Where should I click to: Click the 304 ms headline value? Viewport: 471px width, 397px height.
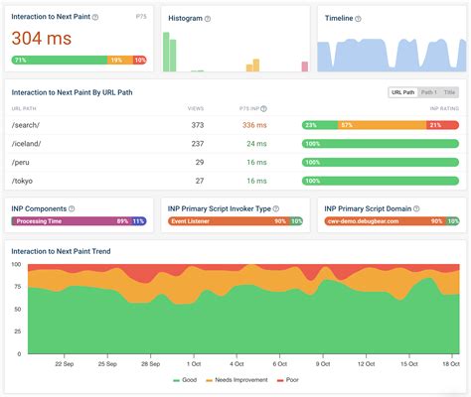point(43,38)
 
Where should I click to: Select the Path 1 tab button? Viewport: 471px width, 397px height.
point(429,91)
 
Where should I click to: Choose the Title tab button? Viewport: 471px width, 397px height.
point(450,91)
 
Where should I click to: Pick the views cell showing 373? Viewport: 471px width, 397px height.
point(196,124)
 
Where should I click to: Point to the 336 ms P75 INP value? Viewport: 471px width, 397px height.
point(254,124)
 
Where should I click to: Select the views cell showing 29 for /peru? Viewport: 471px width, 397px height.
point(198,162)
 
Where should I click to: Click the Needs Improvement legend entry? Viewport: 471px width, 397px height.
point(235,380)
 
